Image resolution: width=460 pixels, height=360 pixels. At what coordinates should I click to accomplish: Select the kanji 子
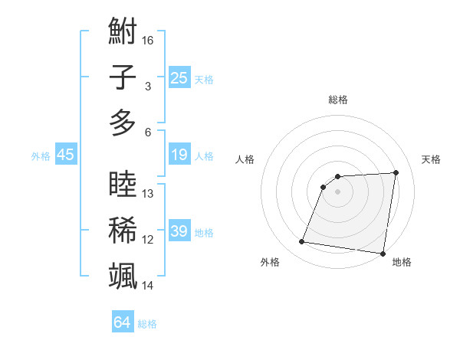(x=123, y=77)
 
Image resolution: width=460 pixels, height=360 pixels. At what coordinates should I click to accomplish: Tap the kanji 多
(x=123, y=123)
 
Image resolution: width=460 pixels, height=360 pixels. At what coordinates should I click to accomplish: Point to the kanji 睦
(x=123, y=185)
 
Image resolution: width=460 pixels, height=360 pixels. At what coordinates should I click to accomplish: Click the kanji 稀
(x=123, y=231)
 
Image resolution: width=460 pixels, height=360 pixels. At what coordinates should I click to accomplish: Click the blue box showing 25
(x=179, y=77)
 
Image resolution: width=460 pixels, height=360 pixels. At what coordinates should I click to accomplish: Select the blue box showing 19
(x=179, y=155)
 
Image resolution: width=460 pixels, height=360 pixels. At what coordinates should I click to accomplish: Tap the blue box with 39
(x=179, y=231)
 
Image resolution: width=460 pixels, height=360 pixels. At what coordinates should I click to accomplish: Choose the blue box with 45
(x=65, y=155)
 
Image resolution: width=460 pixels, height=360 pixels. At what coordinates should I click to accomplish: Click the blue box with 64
(x=122, y=323)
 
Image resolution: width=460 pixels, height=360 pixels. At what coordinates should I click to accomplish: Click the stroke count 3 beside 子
(x=147, y=86)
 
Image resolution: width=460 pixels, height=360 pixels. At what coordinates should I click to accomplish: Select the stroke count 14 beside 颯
(x=148, y=285)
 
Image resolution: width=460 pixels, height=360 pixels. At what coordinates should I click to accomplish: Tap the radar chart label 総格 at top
(x=338, y=100)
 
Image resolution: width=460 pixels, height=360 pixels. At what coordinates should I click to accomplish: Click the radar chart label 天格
(x=432, y=159)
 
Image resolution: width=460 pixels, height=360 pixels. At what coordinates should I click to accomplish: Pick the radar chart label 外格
(x=270, y=262)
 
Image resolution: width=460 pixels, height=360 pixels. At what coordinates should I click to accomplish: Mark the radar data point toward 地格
(x=383, y=254)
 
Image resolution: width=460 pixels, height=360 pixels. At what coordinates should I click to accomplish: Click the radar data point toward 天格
(x=396, y=172)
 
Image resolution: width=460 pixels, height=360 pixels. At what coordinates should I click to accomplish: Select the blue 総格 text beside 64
(x=147, y=324)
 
